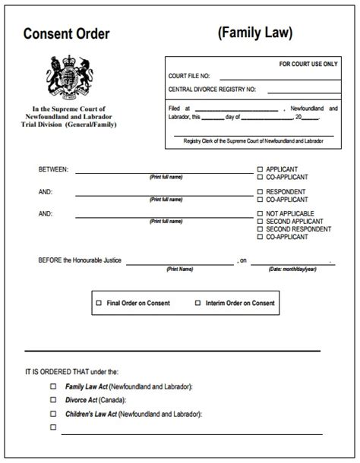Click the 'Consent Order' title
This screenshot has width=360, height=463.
(66, 33)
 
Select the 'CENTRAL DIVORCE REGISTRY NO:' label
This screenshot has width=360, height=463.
(212, 90)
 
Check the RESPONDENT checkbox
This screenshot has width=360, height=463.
(261, 191)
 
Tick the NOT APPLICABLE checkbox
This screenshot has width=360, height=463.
(261, 213)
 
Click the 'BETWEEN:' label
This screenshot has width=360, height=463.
(53, 169)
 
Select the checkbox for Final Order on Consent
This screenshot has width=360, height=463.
(98, 303)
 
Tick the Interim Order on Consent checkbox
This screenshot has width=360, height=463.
(197, 303)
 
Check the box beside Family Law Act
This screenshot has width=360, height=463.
(53, 386)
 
